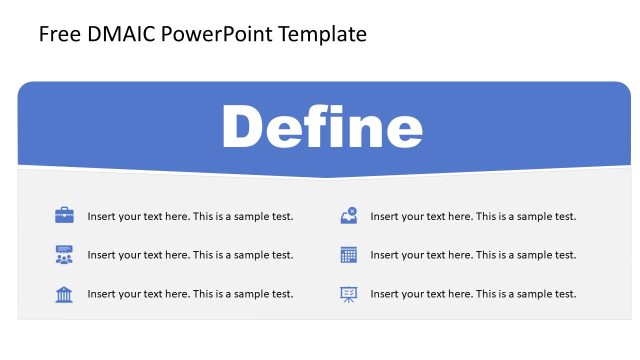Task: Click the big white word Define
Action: [322, 128]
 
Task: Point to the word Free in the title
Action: [56, 35]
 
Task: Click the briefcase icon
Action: [64, 215]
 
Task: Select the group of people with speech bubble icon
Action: [64, 254]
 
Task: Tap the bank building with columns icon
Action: [64, 293]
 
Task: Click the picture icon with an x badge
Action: [348, 215]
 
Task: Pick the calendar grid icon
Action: [348, 254]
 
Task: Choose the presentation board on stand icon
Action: [348, 293]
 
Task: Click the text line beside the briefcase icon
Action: [190, 216]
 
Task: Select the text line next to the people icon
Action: [190, 255]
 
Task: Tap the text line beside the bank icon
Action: [190, 294]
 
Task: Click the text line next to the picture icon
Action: [473, 216]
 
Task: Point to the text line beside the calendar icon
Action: [473, 255]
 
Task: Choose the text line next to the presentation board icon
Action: [473, 294]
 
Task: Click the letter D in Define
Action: [243, 128]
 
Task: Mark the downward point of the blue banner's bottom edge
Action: [325, 177]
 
